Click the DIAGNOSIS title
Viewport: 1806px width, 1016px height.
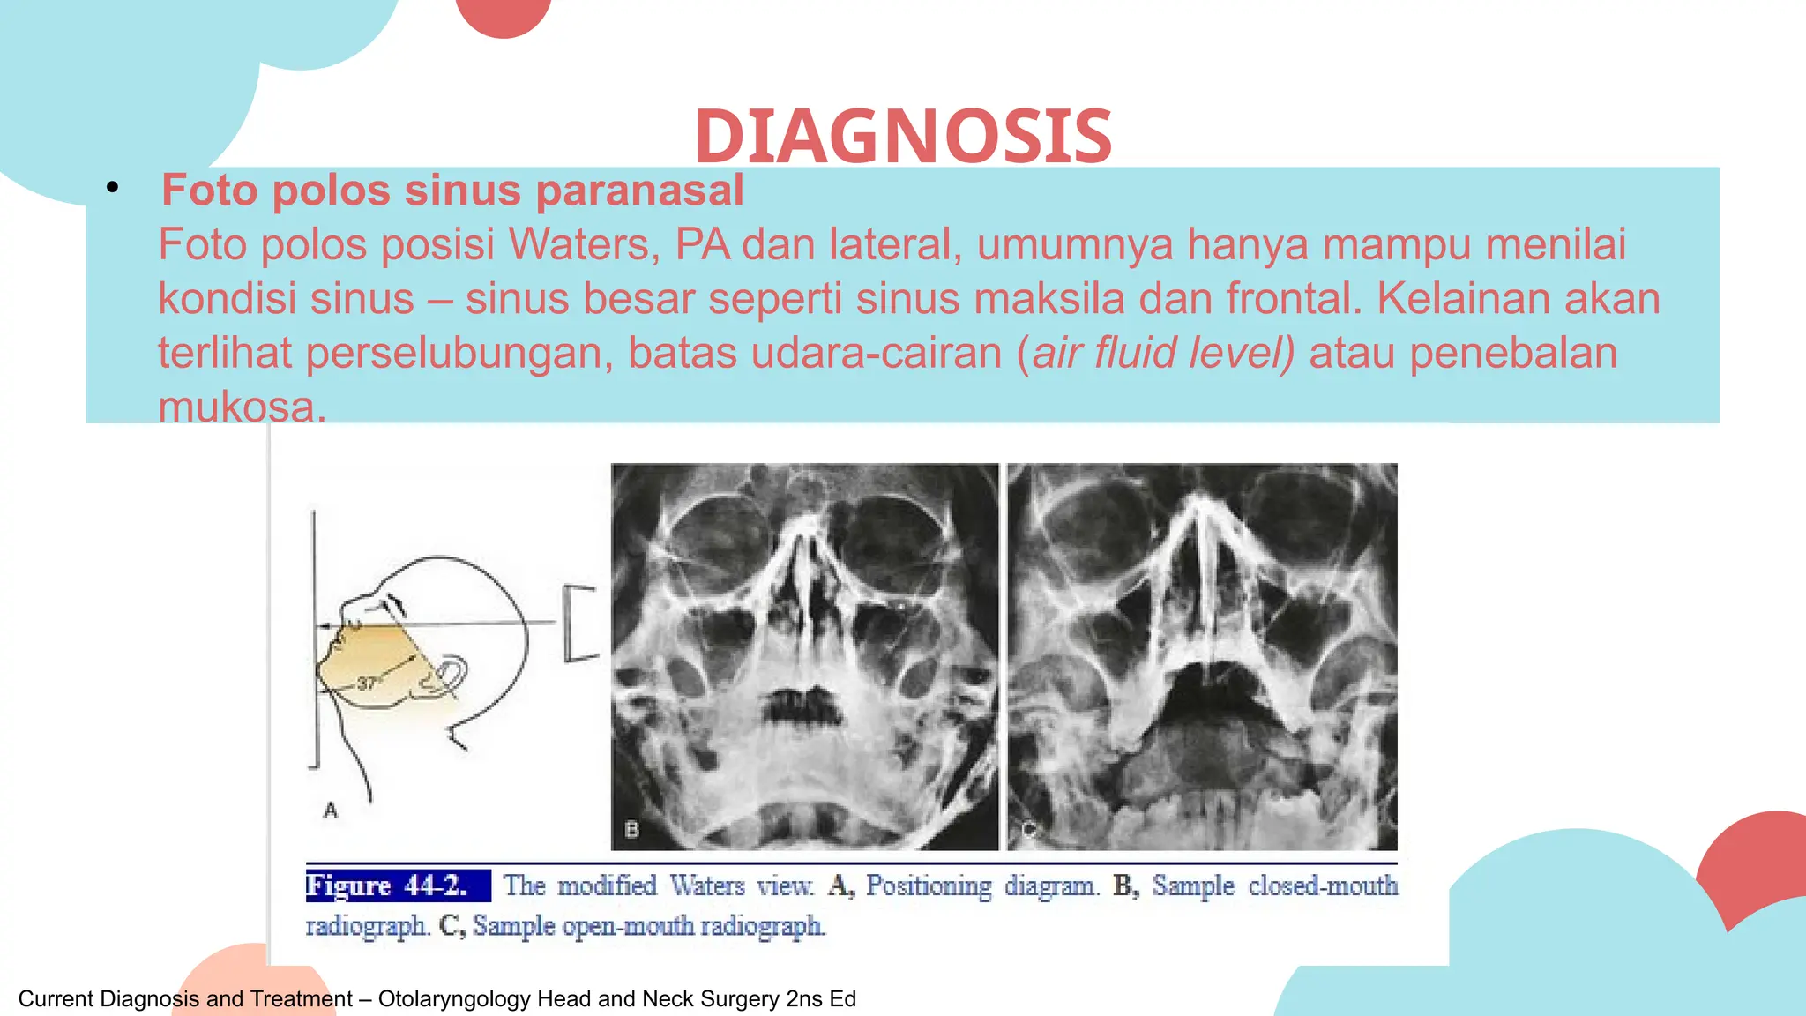pos(903,137)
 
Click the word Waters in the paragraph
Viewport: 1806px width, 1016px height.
pos(583,244)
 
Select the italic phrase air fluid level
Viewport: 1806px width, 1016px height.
pos(1162,353)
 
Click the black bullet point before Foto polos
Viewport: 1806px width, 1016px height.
pos(112,187)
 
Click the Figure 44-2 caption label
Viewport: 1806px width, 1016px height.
pos(397,885)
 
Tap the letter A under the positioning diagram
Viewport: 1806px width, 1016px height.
pos(331,810)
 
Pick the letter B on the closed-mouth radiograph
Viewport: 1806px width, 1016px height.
pos(631,829)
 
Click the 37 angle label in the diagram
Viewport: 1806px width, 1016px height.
pos(367,684)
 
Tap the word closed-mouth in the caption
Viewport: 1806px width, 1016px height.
pos(1323,885)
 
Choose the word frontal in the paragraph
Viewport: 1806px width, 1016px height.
pos(1293,299)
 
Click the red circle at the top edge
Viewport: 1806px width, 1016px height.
pos(504,13)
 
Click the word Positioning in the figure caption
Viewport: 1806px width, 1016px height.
pos(929,885)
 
